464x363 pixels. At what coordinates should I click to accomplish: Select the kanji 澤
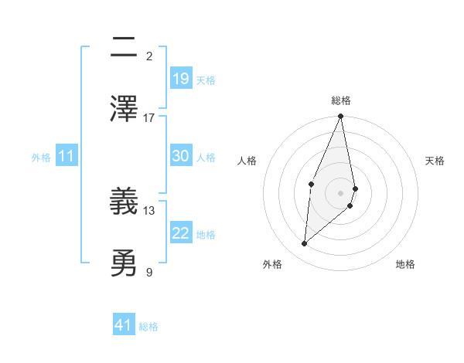(124, 108)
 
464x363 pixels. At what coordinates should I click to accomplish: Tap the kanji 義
(124, 202)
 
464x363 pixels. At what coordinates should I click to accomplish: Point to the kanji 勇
(124, 263)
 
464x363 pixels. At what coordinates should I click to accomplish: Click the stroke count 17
(149, 117)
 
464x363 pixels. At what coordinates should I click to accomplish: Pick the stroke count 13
(149, 210)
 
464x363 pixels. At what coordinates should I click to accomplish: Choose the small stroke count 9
(149, 271)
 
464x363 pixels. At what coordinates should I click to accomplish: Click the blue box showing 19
(181, 78)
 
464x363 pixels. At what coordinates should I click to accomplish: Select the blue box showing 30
(181, 156)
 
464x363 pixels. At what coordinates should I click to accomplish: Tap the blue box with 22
(181, 233)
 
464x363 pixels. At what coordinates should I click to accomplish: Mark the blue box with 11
(67, 157)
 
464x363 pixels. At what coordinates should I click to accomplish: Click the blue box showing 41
(124, 325)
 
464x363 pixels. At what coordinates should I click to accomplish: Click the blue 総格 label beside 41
(148, 327)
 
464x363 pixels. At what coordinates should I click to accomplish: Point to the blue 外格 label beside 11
(41, 158)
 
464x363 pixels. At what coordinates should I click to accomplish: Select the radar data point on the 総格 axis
(340, 117)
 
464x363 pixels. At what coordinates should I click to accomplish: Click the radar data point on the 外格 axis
(305, 244)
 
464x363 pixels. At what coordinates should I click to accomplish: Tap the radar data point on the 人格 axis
(311, 184)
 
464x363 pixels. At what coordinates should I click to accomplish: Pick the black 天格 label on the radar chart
(435, 161)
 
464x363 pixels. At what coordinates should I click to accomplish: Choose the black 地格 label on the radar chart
(405, 264)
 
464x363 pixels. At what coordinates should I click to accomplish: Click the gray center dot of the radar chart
(340, 192)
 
